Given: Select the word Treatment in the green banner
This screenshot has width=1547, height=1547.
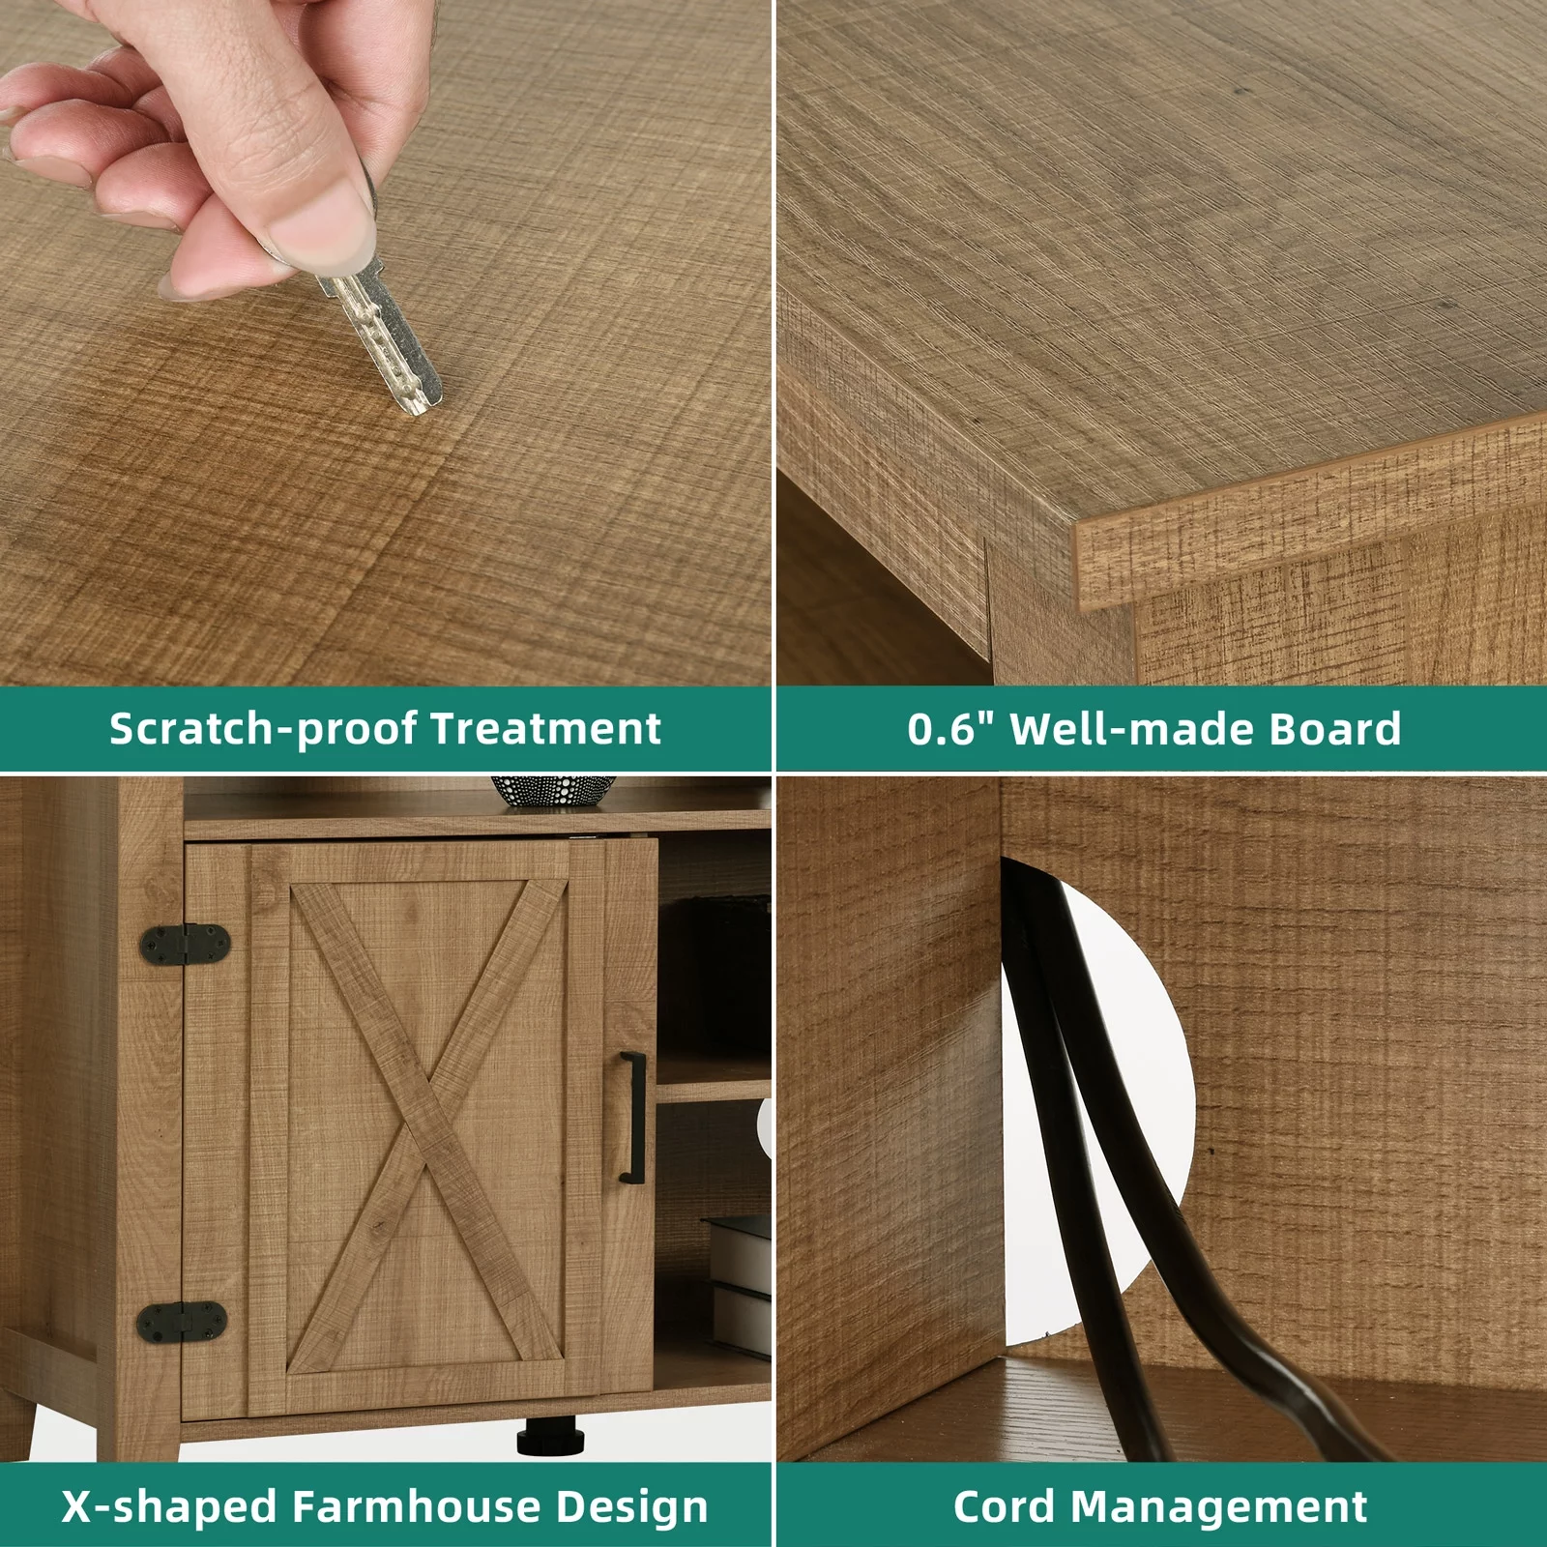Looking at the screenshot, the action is tap(546, 728).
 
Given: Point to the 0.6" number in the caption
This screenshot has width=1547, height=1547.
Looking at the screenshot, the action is tap(952, 728).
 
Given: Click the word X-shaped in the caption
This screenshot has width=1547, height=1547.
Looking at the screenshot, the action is tap(170, 1507).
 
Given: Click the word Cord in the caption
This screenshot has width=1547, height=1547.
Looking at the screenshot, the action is tap(1006, 1506).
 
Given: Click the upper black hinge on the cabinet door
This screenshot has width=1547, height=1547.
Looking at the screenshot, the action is tap(186, 944).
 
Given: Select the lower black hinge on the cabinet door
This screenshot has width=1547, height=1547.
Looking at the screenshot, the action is tap(182, 1321).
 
